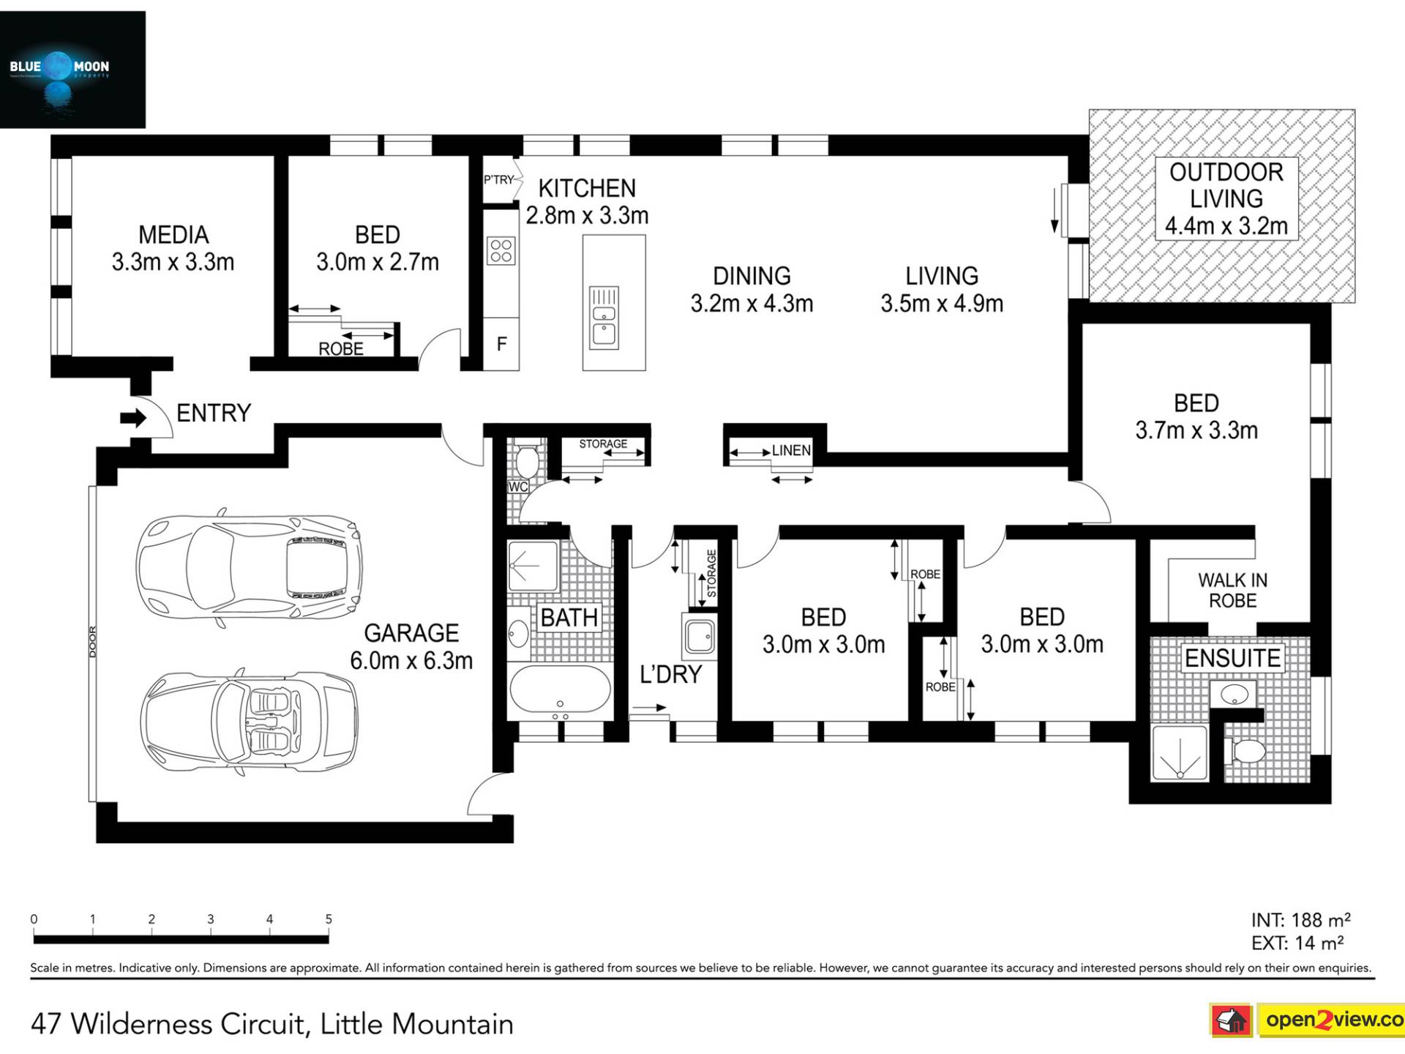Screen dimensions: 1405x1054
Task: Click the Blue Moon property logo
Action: (72, 70)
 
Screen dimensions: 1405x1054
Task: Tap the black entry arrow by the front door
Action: (133, 418)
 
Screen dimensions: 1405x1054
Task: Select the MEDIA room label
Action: (173, 235)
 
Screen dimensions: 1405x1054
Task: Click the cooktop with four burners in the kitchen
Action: (501, 250)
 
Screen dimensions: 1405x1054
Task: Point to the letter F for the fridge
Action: (502, 344)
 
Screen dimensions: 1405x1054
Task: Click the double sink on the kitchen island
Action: (604, 318)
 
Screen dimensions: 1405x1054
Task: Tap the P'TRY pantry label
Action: (499, 179)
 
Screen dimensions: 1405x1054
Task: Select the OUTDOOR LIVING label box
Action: (1226, 198)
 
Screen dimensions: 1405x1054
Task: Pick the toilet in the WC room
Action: (526, 458)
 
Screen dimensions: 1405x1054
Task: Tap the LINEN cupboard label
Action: (791, 450)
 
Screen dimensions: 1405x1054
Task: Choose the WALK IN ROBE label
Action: (1233, 590)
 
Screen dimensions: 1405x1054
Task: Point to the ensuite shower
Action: (1179, 752)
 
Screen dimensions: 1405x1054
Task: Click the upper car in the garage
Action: (249, 567)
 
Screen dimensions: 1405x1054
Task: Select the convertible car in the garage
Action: (249, 722)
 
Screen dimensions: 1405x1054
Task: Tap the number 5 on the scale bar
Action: (329, 919)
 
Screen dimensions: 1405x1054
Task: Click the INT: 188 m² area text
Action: (1300, 920)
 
